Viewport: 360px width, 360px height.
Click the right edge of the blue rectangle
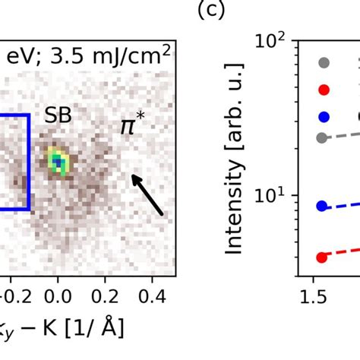[29, 162]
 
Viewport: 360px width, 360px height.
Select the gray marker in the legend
[324, 63]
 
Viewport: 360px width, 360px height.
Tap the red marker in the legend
[324, 90]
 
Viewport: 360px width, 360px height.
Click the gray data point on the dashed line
[322, 137]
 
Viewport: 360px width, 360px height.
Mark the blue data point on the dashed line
[322, 206]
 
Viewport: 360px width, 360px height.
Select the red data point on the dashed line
[322, 257]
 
